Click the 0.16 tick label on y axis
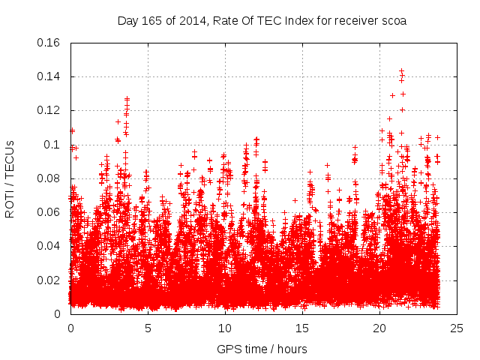(49, 43)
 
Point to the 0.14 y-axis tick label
(49, 76)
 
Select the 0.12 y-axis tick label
(49, 110)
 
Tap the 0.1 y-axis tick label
(53, 145)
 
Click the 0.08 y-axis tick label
(49, 178)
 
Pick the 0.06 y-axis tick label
(49, 212)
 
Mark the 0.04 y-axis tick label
(49, 246)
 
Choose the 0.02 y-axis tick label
(49, 280)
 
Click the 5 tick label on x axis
(148, 328)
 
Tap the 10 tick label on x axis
(225, 328)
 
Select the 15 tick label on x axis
(302, 328)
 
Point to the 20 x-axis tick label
(379, 328)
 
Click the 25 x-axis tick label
(457, 328)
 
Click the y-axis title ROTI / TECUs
(10, 178)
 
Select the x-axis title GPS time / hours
(262, 349)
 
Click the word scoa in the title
(393, 21)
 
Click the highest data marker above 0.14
(401, 71)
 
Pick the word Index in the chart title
(292, 21)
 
